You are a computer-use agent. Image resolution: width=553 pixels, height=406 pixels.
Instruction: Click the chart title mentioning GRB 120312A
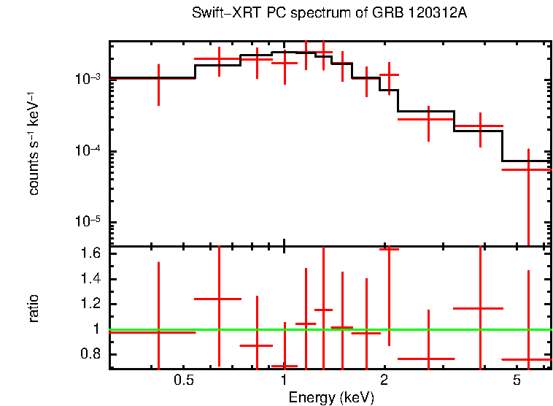pyautogui.click(x=329, y=14)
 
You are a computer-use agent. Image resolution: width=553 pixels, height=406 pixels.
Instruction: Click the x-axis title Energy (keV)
pyautogui.click(x=331, y=397)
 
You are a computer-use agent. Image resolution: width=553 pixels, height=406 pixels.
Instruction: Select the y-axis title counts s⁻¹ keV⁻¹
pyautogui.click(x=34, y=143)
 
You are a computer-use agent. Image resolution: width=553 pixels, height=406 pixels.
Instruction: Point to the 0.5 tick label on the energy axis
pyautogui.click(x=184, y=380)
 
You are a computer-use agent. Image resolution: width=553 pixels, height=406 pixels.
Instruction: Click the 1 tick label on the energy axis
pyautogui.click(x=284, y=380)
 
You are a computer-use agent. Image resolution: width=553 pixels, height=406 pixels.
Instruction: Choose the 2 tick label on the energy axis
pyautogui.click(x=384, y=380)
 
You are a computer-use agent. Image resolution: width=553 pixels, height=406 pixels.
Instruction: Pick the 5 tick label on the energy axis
pyautogui.click(x=517, y=380)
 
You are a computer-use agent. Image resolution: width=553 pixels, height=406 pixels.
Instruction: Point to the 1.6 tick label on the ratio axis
pyautogui.click(x=91, y=254)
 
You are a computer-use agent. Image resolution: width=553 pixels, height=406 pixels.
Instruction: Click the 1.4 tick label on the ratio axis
pyautogui.click(x=91, y=279)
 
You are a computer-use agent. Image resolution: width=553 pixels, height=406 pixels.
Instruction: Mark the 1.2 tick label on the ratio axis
pyautogui.click(x=91, y=304)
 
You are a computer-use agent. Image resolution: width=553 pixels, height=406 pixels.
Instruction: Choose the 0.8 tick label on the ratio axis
pyautogui.click(x=91, y=355)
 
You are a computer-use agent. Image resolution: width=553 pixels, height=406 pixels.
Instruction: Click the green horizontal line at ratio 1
pyautogui.click(x=438, y=329)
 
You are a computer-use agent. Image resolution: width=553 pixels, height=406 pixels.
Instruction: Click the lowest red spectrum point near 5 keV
pyautogui.click(x=527, y=169)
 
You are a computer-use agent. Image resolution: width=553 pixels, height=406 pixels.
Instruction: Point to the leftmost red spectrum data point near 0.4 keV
pyautogui.click(x=158, y=78)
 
